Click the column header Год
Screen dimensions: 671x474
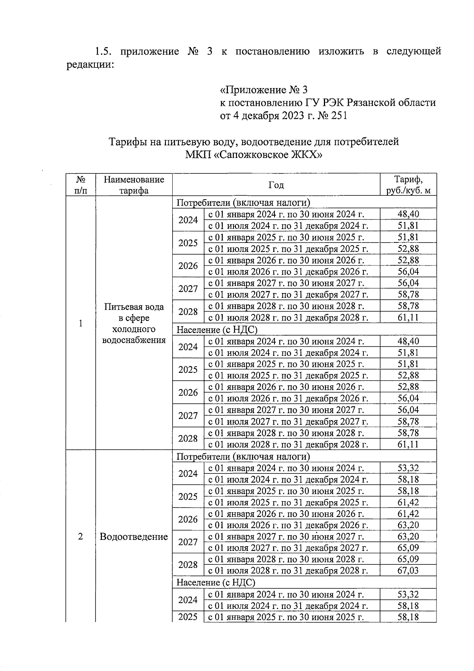[x=276, y=185]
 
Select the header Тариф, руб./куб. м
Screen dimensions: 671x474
[x=408, y=185]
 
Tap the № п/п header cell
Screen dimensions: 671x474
[x=81, y=185]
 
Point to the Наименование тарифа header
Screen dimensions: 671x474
[x=134, y=185]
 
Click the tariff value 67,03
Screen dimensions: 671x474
[x=408, y=570]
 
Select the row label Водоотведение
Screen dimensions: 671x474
[x=134, y=536]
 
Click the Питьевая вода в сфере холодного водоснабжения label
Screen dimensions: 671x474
[x=134, y=323]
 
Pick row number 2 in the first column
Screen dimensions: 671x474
[x=81, y=536]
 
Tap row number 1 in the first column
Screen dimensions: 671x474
[x=81, y=323]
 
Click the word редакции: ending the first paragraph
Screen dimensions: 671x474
[x=90, y=64]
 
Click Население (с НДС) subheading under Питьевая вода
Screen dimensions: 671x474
[x=217, y=329]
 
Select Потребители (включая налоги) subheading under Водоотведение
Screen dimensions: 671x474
[x=243, y=457]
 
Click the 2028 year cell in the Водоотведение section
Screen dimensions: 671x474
[x=188, y=565]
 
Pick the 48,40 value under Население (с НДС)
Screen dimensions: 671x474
[x=408, y=341]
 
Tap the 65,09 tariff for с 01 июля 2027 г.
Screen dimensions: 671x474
[x=408, y=548]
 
